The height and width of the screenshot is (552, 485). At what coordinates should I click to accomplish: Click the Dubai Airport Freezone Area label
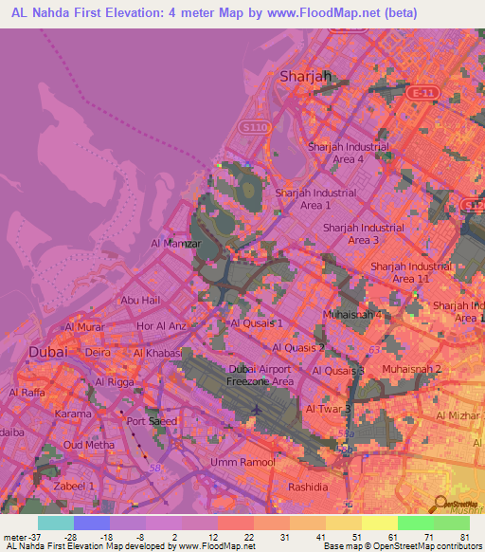click(261, 376)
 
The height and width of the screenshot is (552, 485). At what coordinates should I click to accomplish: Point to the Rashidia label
click(308, 487)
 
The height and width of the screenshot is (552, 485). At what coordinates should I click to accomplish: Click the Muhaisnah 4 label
click(353, 314)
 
